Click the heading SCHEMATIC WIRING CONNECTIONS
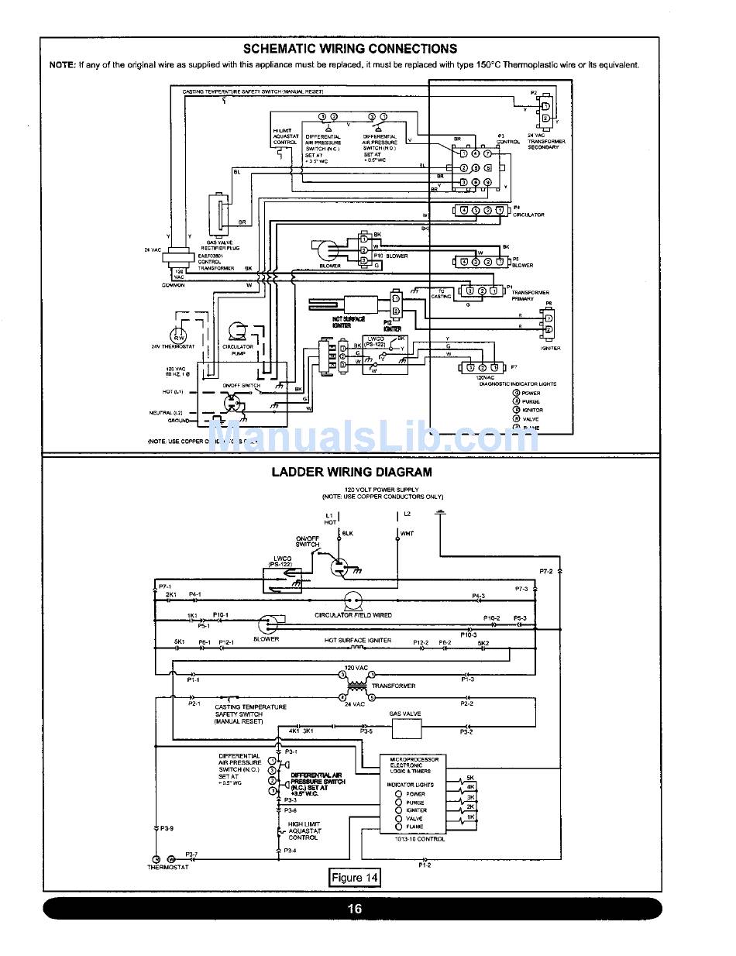click(350, 49)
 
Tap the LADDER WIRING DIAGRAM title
click(351, 472)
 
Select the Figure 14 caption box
click(355, 877)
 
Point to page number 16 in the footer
click(354, 909)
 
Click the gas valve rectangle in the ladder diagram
click(406, 728)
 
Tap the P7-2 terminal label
click(545, 571)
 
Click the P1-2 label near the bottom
click(425, 865)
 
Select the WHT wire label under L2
click(407, 533)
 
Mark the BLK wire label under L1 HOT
click(348, 533)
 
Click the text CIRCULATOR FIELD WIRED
click(353, 615)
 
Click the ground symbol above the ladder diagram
click(441, 512)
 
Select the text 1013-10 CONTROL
click(420, 839)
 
